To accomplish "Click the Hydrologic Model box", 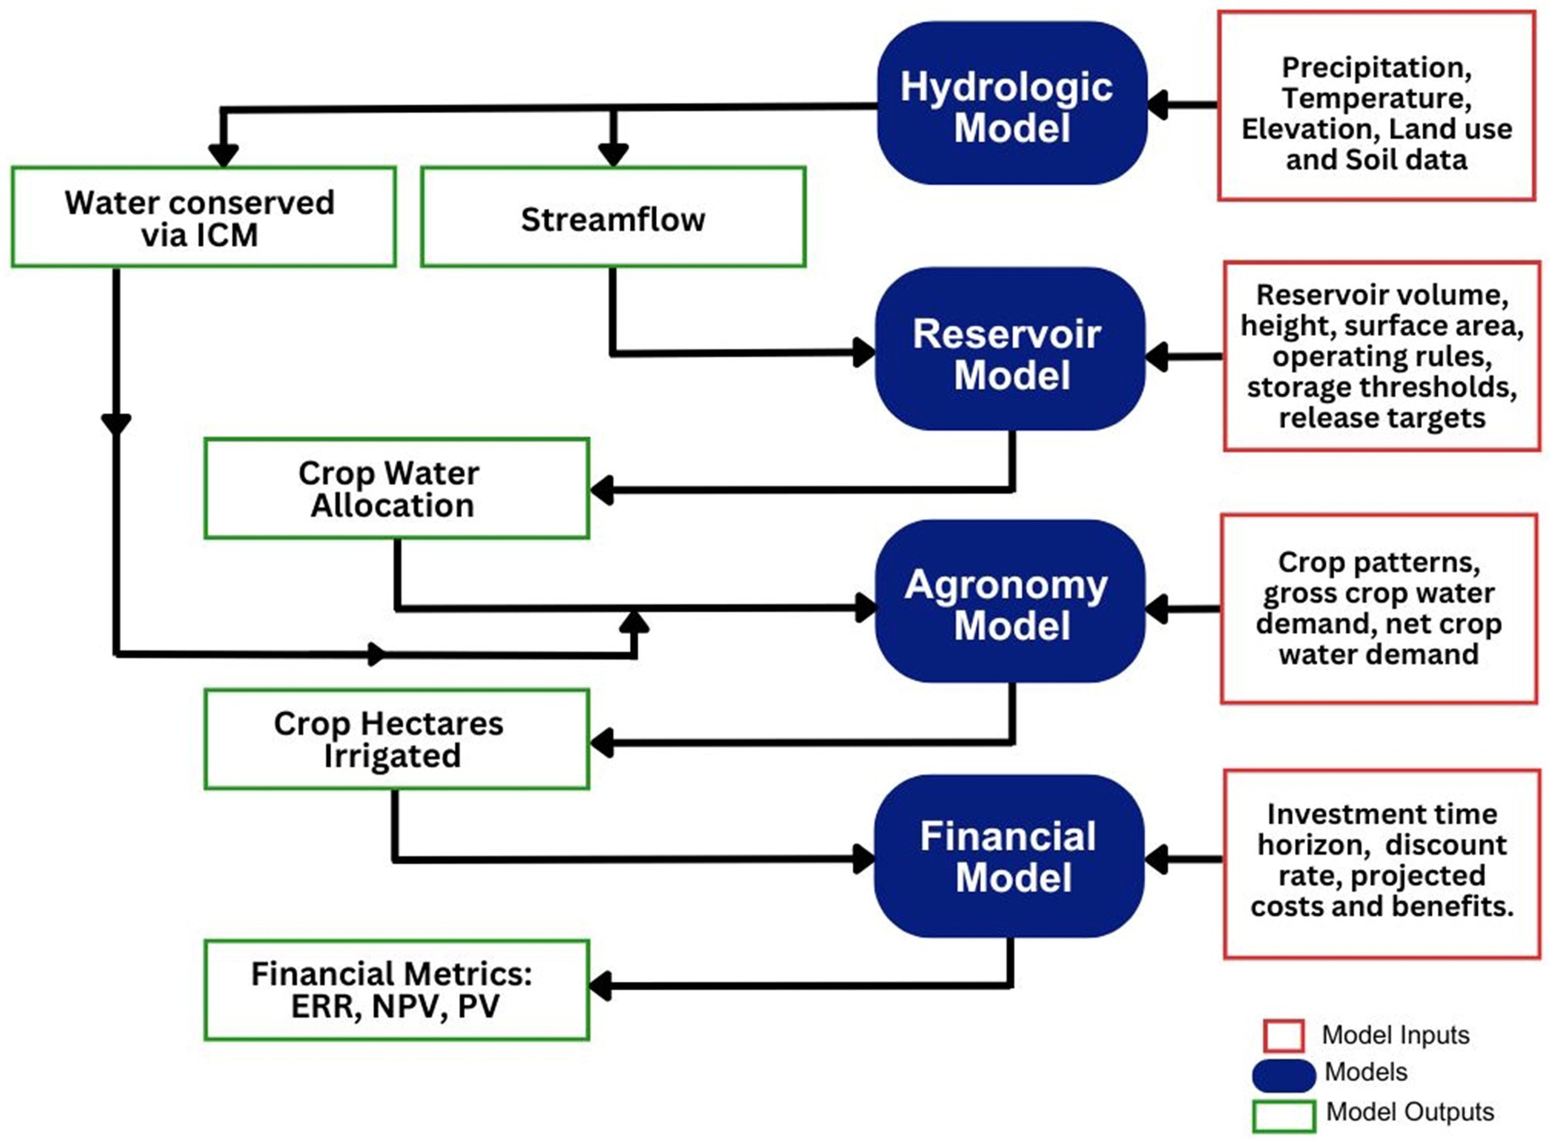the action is click(1012, 104).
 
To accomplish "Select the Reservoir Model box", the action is click(1010, 349).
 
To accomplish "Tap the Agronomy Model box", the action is click(1010, 601).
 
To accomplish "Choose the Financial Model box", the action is click(1010, 855).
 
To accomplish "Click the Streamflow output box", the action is click(613, 217).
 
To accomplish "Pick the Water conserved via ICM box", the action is click(204, 217).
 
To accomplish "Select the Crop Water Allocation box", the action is click(396, 488).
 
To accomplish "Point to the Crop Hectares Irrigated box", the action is click(396, 739).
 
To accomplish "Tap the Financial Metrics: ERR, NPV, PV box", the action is click(396, 990).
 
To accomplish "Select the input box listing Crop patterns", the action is click(1379, 608).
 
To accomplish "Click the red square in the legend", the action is click(1283, 1035).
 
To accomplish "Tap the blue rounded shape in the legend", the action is click(1283, 1074).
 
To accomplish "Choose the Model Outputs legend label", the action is click(1410, 1112).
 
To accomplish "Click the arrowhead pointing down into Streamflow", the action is click(613, 154).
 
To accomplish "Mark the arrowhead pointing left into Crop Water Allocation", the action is click(602, 490).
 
